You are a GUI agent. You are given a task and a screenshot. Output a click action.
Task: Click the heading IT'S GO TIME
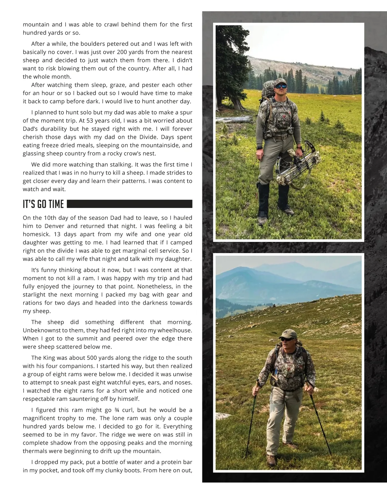coord(43,204)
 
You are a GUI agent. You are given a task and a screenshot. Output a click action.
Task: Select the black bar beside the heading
coord(129,204)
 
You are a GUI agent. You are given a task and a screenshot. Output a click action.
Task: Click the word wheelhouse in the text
coord(173,330)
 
